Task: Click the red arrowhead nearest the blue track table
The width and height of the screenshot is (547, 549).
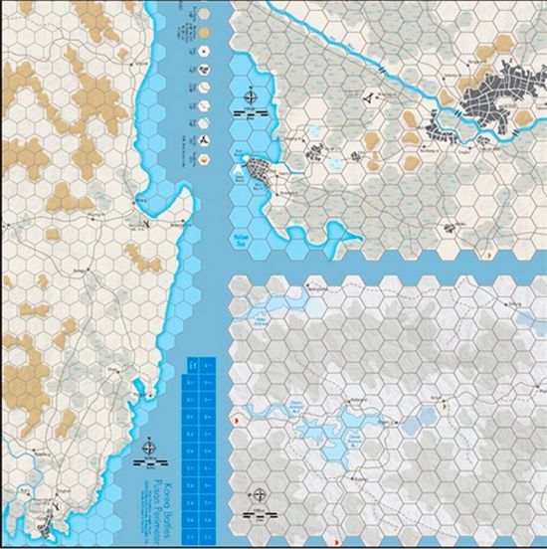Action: tap(235, 422)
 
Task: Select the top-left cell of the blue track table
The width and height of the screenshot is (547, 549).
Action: tap(193, 365)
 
